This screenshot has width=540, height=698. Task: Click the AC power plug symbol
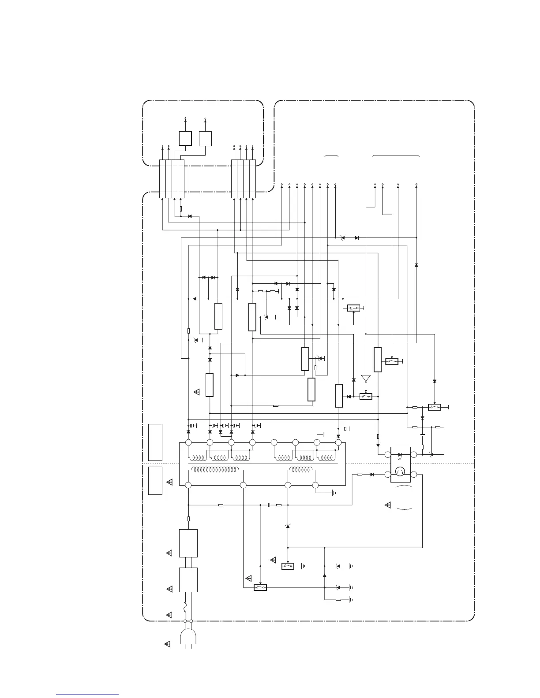point(188,636)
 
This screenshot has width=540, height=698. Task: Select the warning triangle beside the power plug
point(167,645)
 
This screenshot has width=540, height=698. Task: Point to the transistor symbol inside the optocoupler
point(400,473)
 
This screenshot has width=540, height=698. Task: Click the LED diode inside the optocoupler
point(400,454)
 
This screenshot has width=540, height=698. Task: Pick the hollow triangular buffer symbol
point(366,379)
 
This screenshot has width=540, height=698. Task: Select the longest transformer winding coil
point(214,470)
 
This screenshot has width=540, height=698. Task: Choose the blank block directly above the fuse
point(188,580)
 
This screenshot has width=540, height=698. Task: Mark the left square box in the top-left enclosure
point(185,138)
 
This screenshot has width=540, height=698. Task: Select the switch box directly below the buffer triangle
point(366,397)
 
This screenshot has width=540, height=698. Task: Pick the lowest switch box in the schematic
point(260,587)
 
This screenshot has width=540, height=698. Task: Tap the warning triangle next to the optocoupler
point(388,505)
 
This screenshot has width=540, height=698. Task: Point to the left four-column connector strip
point(172,179)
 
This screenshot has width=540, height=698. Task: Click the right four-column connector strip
point(244,179)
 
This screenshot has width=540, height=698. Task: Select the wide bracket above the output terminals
point(396,156)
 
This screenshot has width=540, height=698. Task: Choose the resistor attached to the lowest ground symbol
point(338,600)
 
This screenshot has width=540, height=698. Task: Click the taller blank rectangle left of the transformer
point(155,442)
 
